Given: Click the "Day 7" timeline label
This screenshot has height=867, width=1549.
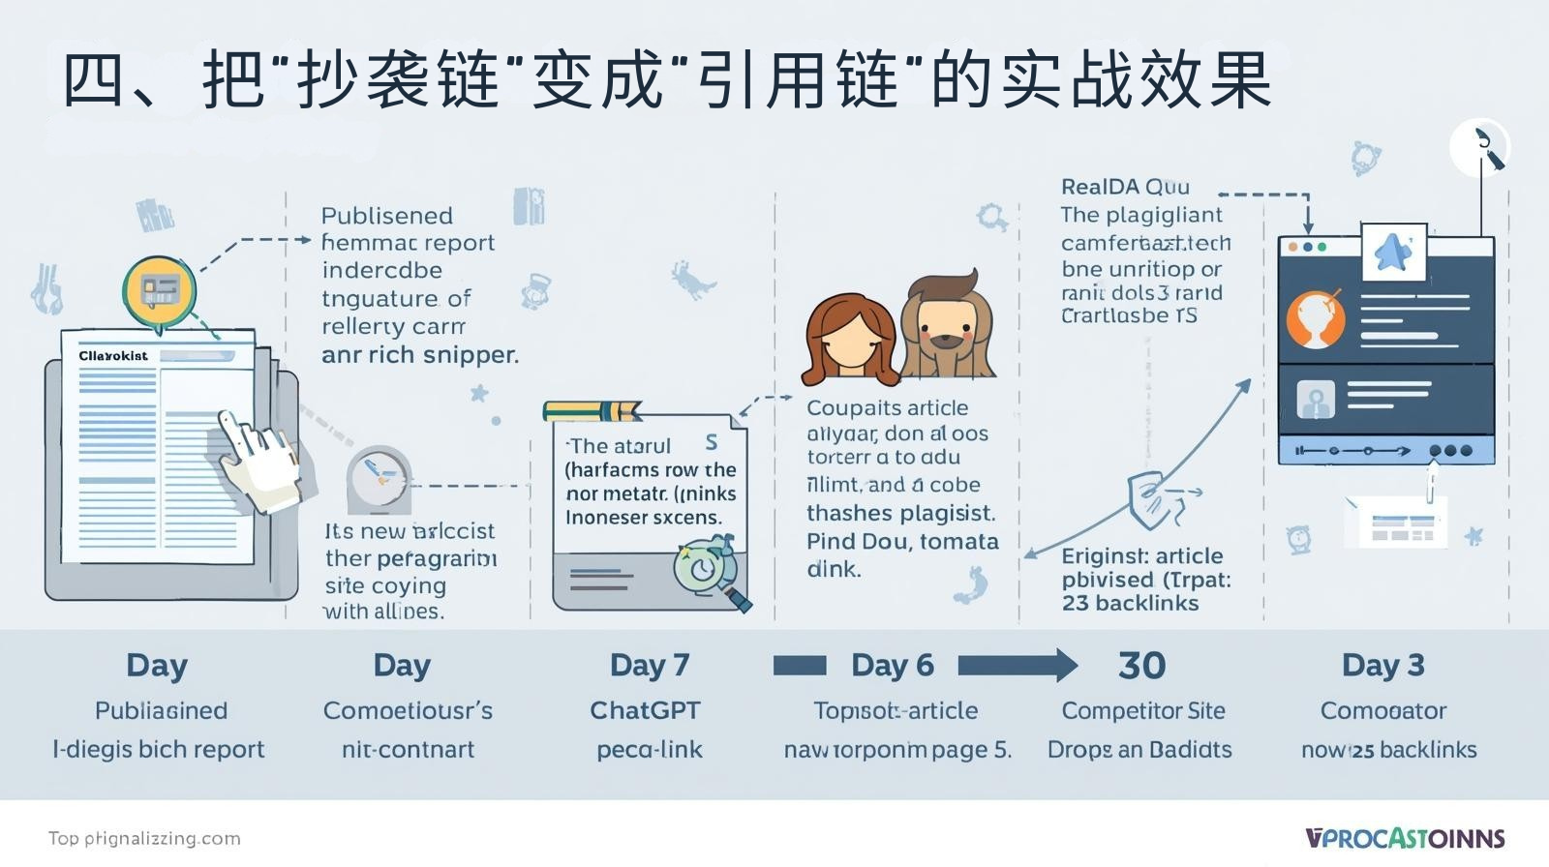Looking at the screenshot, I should pos(649,665).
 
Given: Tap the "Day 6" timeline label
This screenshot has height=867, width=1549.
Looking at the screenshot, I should pos(892,665).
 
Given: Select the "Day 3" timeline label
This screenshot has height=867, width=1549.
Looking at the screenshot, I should pos(1382,665).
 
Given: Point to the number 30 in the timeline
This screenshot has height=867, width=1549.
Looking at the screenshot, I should pos(1141,665).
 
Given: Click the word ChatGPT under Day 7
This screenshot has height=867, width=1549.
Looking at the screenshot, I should pos(645,710).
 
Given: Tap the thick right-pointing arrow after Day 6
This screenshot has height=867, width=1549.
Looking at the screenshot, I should pos(1017,665).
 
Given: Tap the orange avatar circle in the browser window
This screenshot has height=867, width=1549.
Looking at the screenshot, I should pos(1315,318).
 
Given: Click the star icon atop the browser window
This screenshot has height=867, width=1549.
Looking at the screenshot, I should pos(1392,252).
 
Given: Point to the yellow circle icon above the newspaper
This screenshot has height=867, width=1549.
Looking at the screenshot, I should pos(159,288).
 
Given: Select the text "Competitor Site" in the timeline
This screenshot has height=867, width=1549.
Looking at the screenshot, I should pos(1142,710).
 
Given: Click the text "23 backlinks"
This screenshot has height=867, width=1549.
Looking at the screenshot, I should pos(1130,603).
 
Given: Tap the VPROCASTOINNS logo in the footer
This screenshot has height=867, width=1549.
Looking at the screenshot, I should pos(1404,838).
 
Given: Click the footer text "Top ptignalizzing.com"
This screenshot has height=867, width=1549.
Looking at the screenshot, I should pos(144,838).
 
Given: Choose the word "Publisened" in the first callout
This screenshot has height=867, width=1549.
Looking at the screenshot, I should pos(386,215).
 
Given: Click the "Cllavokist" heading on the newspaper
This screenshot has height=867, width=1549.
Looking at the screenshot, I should pos(113,355).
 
